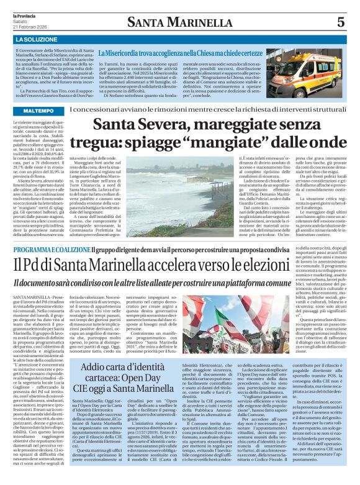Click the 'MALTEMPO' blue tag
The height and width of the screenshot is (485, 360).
click(x=38, y=109)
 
